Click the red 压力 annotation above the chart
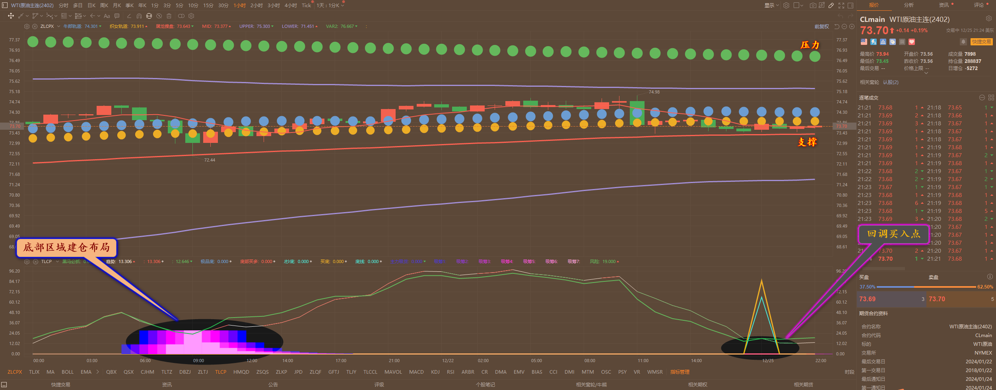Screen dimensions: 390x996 810,45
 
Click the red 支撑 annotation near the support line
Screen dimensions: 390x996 807,142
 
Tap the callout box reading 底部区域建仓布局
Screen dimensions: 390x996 66,248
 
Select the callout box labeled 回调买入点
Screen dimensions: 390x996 893,234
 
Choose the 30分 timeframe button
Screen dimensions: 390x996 223,5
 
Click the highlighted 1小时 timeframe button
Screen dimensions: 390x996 239,5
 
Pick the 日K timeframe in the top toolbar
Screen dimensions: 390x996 91,5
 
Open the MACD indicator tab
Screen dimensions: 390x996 416,372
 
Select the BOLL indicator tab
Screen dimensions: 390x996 68,372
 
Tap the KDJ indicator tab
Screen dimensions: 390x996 435,372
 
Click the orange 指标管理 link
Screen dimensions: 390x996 680,372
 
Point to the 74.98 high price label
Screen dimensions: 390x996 654,92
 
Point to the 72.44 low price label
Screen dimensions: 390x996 210,160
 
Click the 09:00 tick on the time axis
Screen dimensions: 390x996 198,361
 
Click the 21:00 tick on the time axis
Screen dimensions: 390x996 394,361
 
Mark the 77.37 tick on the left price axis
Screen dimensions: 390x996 14,40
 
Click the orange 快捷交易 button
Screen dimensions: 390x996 981,42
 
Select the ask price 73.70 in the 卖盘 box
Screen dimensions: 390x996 937,299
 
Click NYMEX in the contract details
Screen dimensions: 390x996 983,353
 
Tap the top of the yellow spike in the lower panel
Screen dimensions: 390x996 761,281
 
